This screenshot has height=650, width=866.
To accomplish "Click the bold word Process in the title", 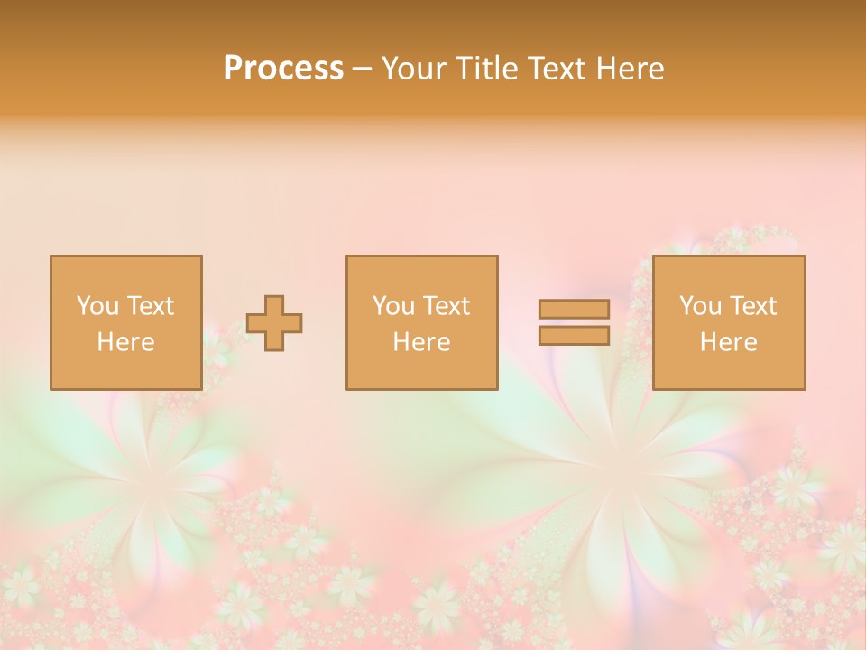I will tap(283, 69).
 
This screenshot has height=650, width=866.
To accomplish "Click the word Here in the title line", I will tap(631, 69).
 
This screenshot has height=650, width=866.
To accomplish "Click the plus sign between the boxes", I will tap(274, 323).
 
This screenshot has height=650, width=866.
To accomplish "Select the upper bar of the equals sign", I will tap(574, 309).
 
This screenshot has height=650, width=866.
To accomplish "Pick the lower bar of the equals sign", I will tap(574, 336).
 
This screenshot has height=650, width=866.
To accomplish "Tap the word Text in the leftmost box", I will tap(150, 306).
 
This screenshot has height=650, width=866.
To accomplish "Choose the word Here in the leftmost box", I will tap(125, 342).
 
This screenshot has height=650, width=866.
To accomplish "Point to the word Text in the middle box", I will tap(446, 306).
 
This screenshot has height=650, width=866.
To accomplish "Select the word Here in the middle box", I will tap(421, 342).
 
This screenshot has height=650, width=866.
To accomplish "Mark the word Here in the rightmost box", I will tap(728, 342).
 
